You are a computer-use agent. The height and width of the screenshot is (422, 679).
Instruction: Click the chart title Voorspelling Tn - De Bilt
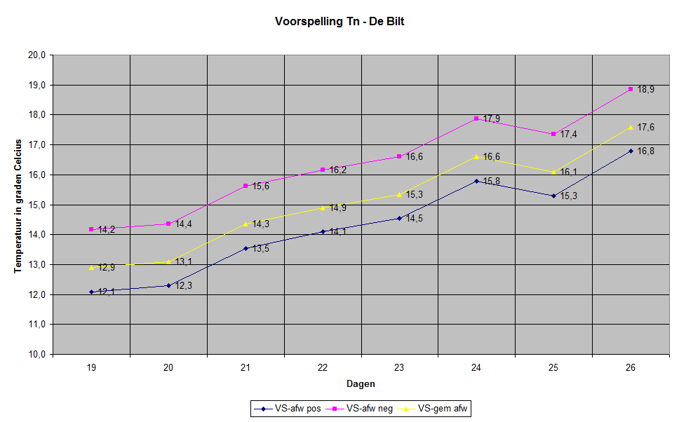point(339,22)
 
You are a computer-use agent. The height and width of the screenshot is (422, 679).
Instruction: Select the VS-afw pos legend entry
point(288,409)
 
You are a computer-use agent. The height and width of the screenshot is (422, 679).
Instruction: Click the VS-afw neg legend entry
point(359,409)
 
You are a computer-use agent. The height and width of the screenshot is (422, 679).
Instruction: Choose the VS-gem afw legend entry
point(432,409)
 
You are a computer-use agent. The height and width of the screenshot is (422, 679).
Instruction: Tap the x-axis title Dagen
point(361,384)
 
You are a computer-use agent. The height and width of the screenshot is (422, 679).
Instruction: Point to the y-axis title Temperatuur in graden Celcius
point(18,206)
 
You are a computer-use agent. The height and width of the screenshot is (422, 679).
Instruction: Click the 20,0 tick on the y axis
point(36,55)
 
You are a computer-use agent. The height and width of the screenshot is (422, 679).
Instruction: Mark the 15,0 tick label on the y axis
point(36,205)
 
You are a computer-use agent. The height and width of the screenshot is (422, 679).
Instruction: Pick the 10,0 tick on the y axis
point(36,354)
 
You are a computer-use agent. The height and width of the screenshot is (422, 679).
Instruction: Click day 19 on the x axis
point(91,367)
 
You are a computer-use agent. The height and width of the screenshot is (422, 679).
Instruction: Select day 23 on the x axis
point(399,367)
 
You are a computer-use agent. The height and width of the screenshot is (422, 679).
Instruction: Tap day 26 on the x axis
point(630,367)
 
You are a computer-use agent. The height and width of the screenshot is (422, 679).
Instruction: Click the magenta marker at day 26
point(631,89)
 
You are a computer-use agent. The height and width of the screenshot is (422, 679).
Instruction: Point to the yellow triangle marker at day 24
point(476,157)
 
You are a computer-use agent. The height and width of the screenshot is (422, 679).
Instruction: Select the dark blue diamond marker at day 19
point(91,292)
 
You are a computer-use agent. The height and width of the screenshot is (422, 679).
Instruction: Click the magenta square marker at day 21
point(246,186)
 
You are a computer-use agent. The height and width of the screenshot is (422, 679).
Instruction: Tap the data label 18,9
point(645,90)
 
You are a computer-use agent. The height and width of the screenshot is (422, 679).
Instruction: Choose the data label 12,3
point(184,286)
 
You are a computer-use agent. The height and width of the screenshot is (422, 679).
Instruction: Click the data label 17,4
point(569,135)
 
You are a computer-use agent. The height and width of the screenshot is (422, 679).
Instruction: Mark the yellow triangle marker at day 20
point(168,262)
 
